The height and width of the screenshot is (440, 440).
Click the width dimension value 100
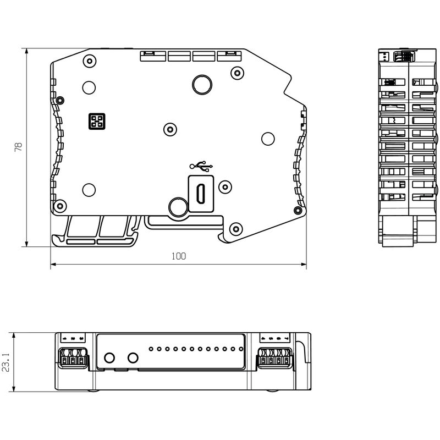179,256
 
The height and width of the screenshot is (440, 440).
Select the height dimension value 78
18,147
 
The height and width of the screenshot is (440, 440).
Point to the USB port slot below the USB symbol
201,193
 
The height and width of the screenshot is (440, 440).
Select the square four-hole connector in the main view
96,122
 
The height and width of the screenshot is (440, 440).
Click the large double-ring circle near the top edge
201,84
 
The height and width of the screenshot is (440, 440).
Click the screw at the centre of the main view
170,129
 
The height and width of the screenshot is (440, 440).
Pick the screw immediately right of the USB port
224,186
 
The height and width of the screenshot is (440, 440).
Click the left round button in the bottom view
109,358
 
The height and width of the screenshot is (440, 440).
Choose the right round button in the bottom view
133,358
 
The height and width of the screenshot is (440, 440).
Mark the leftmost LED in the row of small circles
150,349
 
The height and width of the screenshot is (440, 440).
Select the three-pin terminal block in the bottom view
73,357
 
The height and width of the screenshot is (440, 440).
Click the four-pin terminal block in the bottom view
274,357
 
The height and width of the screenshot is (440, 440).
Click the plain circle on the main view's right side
268,139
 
